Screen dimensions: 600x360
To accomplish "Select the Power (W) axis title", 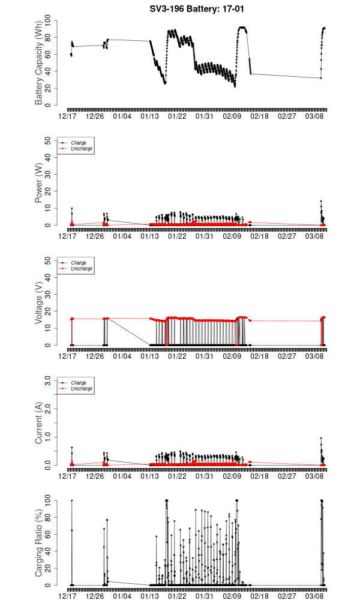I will [x=38, y=183].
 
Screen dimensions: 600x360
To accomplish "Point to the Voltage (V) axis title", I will [x=38, y=303].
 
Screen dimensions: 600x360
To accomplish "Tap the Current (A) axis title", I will [x=38, y=423].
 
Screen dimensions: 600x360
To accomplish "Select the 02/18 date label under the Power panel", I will [x=259, y=236].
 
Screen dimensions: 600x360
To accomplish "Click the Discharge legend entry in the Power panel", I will [x=82, y=148].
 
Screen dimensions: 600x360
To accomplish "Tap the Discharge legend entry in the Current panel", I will [x=82, y=388].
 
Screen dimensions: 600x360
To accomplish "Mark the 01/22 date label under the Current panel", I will [x=177, y=476].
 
